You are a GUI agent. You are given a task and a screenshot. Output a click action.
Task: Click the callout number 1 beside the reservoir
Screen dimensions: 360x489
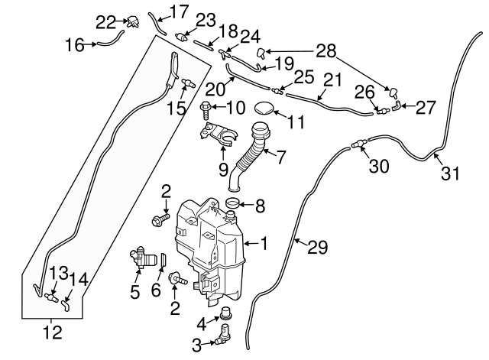pos(264,245)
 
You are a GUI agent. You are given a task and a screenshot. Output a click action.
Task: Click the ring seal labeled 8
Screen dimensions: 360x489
pos(236,203)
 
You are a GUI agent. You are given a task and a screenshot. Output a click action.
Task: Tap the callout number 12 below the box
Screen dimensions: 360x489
pos(53,333)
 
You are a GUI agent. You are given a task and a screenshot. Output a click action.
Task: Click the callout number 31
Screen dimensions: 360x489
pos(451,174)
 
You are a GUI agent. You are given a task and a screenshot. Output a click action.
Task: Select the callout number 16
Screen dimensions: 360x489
pos(75,45)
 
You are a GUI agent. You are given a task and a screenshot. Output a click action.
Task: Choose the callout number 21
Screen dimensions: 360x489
pos(332,79)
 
